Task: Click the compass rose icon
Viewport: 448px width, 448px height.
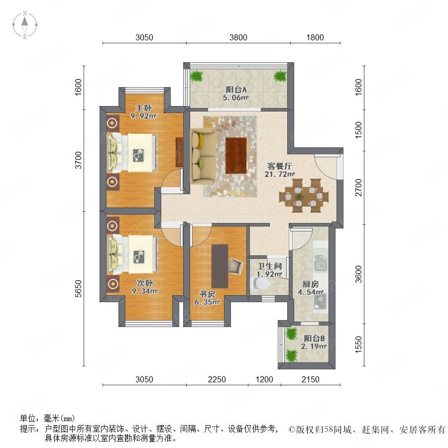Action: (25, 25)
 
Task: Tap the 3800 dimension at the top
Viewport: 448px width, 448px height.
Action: (238, 37)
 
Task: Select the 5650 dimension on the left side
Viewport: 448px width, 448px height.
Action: (78, 289)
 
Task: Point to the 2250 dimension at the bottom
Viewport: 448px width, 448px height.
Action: (217, 379)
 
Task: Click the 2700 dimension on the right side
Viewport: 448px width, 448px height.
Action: (358, 188)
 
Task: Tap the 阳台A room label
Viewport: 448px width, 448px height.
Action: (236, 90)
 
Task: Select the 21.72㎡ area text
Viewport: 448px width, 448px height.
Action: (280, 174)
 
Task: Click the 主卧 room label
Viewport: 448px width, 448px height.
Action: (143, 108)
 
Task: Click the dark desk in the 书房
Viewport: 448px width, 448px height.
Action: (220, 266)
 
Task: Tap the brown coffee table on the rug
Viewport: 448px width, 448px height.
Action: (236, 155)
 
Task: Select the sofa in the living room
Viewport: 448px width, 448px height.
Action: (203, 156)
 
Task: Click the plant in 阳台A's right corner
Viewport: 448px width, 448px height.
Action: (280, 76)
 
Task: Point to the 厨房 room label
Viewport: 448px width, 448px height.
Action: (311, 284)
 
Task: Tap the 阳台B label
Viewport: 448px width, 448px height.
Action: (314, 338)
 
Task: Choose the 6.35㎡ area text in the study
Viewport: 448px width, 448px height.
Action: (207, 302)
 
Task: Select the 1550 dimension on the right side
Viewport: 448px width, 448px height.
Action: (358, 344)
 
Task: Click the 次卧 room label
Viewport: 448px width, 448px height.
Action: (144, 283)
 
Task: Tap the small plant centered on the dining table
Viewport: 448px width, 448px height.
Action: (299, 197)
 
